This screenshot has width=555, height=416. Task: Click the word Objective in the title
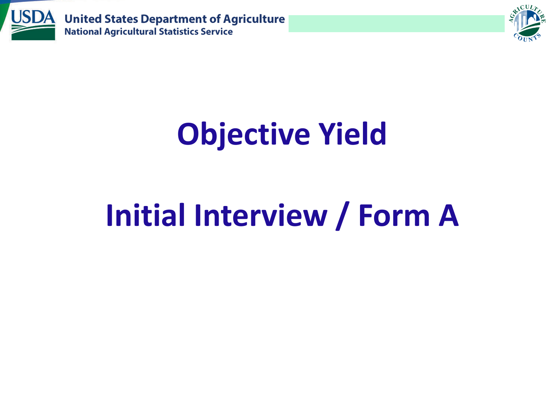coord(243,135)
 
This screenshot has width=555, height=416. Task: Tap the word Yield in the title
coord(352,133)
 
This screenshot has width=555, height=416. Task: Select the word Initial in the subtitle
coord(145,215)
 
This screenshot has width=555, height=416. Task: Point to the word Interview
coord(261,215)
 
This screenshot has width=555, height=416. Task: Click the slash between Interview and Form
coord(343,216)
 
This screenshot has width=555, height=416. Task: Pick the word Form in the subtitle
coord(394,216)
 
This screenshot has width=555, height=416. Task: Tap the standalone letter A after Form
coord(448,216)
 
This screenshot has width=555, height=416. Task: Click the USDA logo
coord(33,25)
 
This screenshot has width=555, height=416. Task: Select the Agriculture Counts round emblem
coord(527,23)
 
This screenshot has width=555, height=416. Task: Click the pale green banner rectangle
coord(397,24)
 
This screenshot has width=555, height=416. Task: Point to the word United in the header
coord(83,19)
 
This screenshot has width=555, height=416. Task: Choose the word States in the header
coord(121,19)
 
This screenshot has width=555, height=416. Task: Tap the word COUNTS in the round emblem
coord(527,38)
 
